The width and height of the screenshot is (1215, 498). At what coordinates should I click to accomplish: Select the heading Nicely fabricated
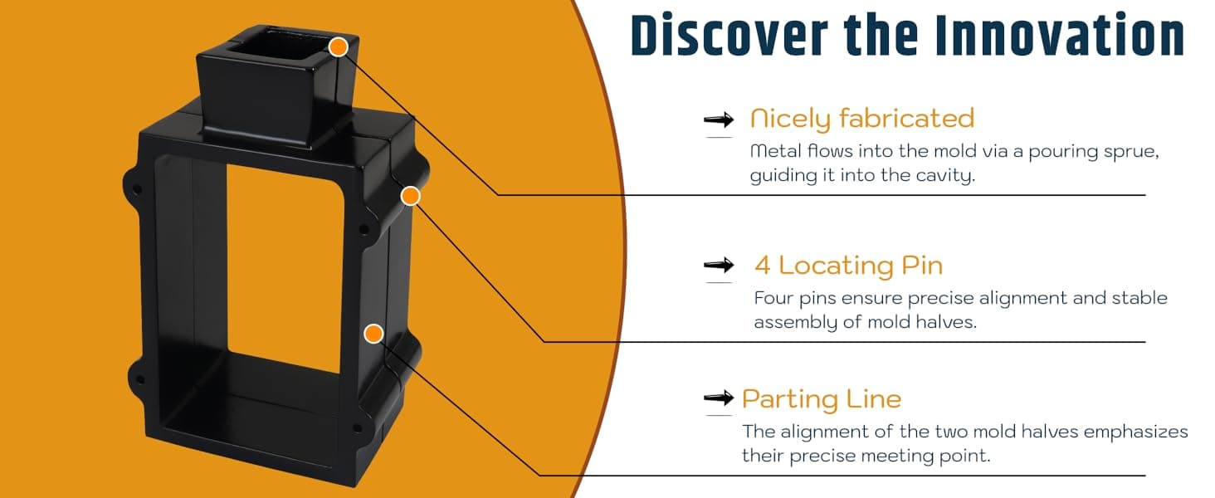coord(862,119)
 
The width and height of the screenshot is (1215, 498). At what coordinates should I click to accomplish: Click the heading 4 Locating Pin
coord(848,266)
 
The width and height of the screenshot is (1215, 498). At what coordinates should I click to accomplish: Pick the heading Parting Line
coord(822,399)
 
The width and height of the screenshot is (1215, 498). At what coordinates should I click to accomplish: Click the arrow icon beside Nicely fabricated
coord(719,120)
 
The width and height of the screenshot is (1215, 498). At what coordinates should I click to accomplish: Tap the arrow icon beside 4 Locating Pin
coord(719,266)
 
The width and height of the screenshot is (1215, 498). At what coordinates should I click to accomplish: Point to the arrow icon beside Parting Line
coord(719,398)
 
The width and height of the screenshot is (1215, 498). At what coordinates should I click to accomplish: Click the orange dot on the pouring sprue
coord(339,47)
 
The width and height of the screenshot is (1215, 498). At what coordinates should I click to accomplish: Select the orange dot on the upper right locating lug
coord(411,196)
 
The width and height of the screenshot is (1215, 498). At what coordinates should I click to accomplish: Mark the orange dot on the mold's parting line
coord(373,334)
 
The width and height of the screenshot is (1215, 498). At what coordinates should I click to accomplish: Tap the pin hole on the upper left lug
coord(137,189)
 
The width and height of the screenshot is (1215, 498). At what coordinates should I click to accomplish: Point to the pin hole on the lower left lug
coord(139,378)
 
